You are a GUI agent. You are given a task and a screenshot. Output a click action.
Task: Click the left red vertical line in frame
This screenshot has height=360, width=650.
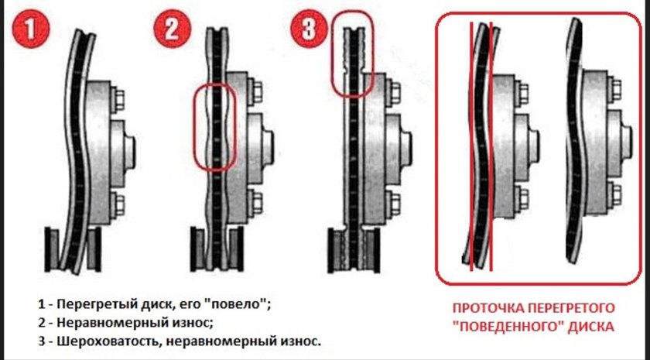pos(471,147)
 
